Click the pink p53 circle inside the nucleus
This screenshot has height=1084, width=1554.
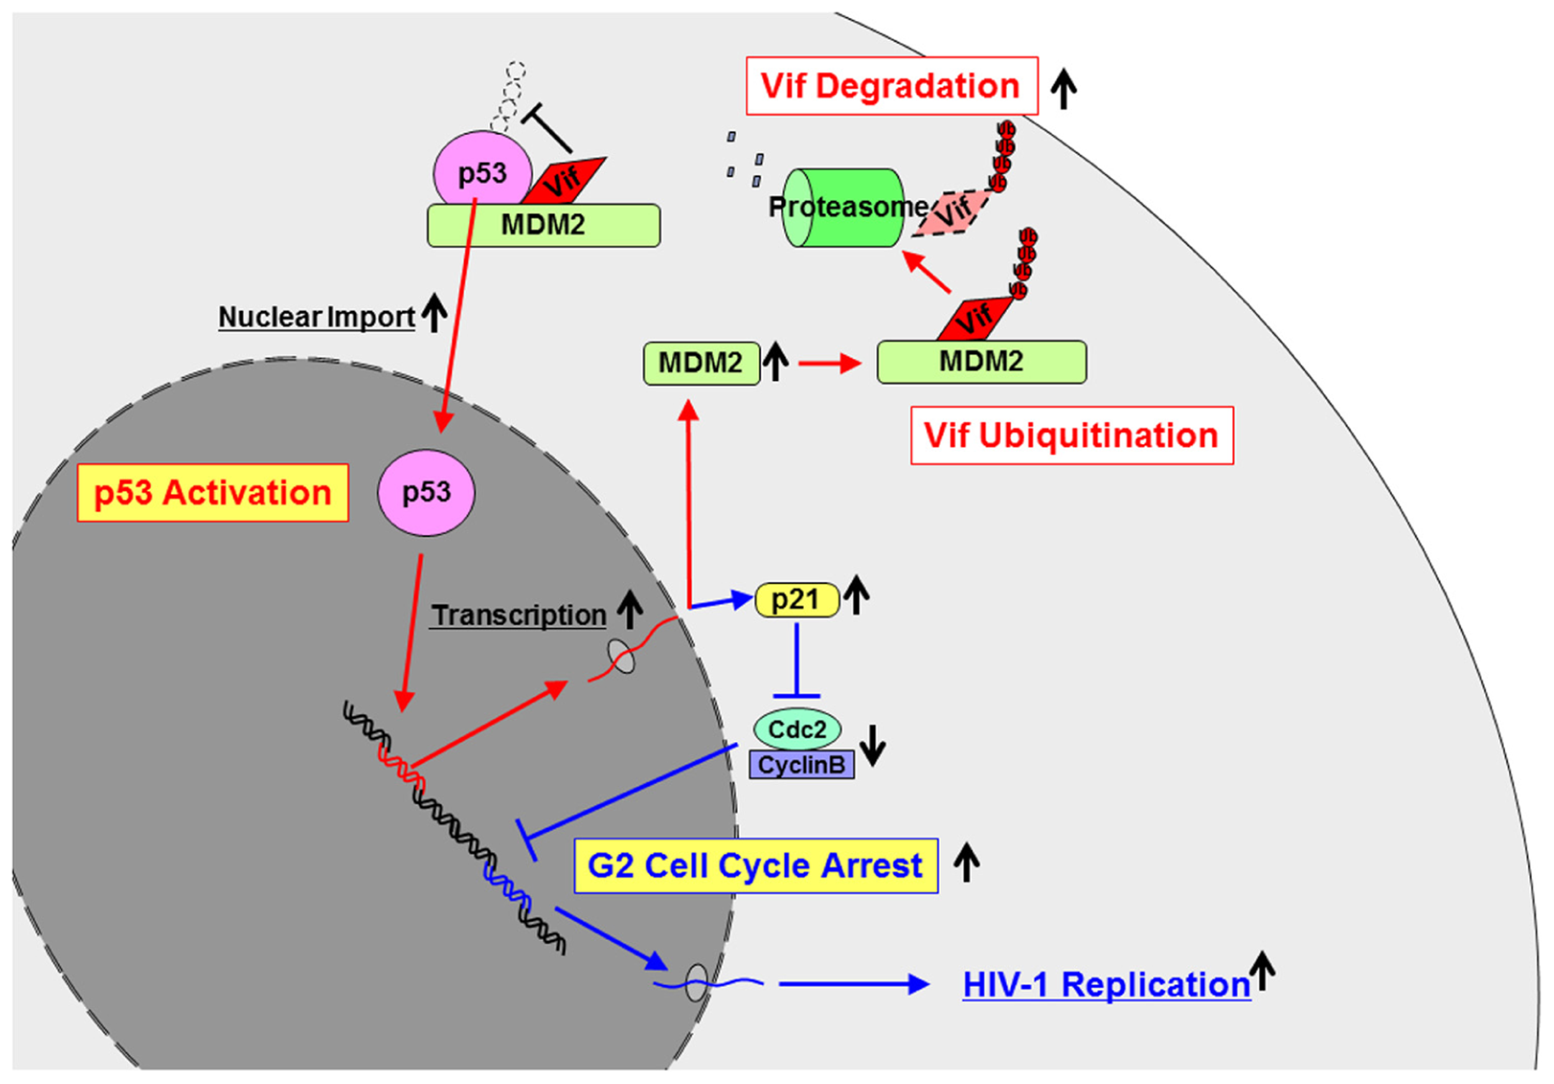click(x=426, y=493)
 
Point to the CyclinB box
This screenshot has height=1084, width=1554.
click(x=801, y=765)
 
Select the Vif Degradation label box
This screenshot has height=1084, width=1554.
click(x=891, y=86)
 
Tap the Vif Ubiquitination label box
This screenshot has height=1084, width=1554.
click(x=1072, y=435)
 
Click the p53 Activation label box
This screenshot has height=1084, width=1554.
click(x=213, y=493)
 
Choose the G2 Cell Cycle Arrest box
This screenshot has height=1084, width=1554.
click(x=755, y=865)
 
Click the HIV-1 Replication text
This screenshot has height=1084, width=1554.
click(x=1106, y=985)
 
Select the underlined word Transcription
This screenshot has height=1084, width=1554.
click(x=518, y=615)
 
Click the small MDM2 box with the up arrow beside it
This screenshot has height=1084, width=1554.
click(x=701, y=364)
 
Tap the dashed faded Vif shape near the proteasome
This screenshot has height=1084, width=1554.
click(x=951, y=213)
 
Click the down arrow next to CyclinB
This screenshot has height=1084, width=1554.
click(x=873, y=745)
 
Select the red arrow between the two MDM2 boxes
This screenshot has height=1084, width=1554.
click(x=830, y=364)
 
